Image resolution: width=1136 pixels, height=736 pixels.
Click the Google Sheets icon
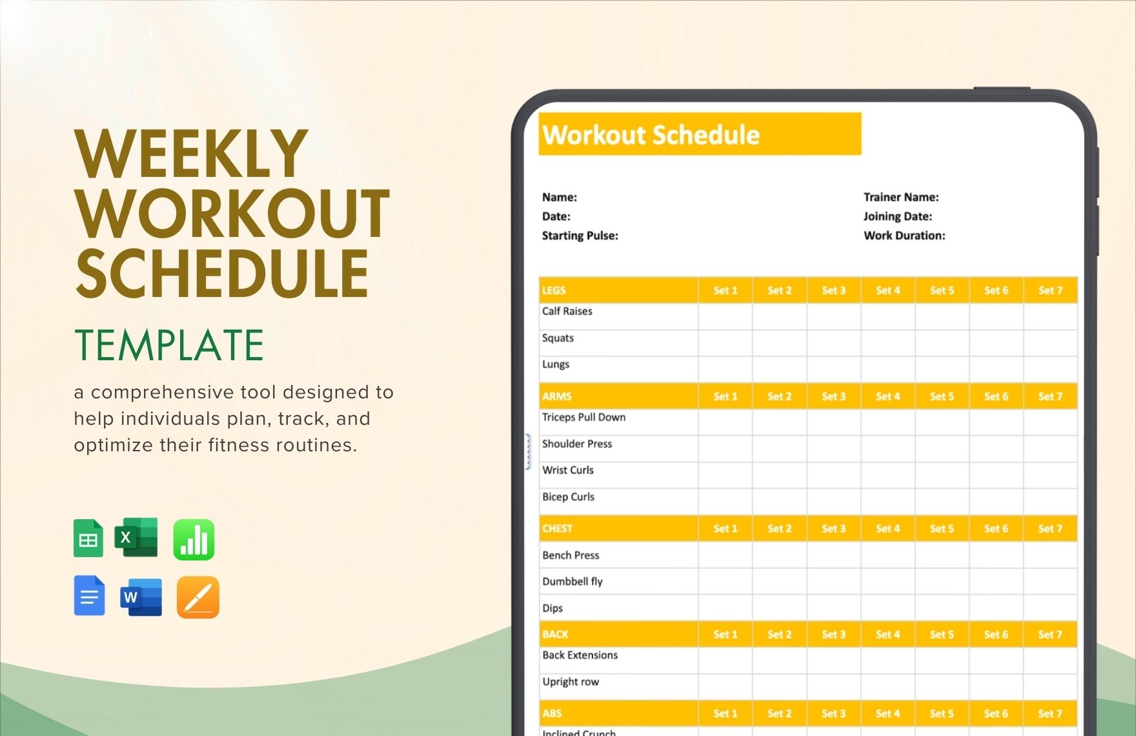point(88,538)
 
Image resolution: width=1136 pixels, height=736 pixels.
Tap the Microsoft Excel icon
point(136,537)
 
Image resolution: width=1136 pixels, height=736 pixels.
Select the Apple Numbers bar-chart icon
point(194,539)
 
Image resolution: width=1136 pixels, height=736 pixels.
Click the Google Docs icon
point(89,595)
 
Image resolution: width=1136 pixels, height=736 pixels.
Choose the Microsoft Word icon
point(141,597)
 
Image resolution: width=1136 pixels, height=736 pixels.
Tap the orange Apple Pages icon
point(198,597)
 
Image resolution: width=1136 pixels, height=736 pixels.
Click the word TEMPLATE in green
point(169,345)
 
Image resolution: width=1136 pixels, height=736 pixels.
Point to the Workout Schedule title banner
point(700,134)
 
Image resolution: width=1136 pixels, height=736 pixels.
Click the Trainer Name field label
point(901,197)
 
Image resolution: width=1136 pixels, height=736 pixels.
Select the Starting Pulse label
point(580,236)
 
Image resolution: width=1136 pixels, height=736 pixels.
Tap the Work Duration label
point(904,236)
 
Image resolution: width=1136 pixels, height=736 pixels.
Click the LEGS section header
point(554,291)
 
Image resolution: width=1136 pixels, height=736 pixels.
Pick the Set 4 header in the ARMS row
point(888,396)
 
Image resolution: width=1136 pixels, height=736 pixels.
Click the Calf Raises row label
point(567,311)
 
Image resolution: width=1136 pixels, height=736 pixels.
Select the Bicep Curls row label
point(568,496)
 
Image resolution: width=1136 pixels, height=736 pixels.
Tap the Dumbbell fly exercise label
point(572,581)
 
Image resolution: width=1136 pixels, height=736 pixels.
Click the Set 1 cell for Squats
point(725,343)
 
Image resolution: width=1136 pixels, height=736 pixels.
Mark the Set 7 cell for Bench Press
point(1050,555)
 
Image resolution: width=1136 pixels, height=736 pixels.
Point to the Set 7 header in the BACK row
point(1050,635)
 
